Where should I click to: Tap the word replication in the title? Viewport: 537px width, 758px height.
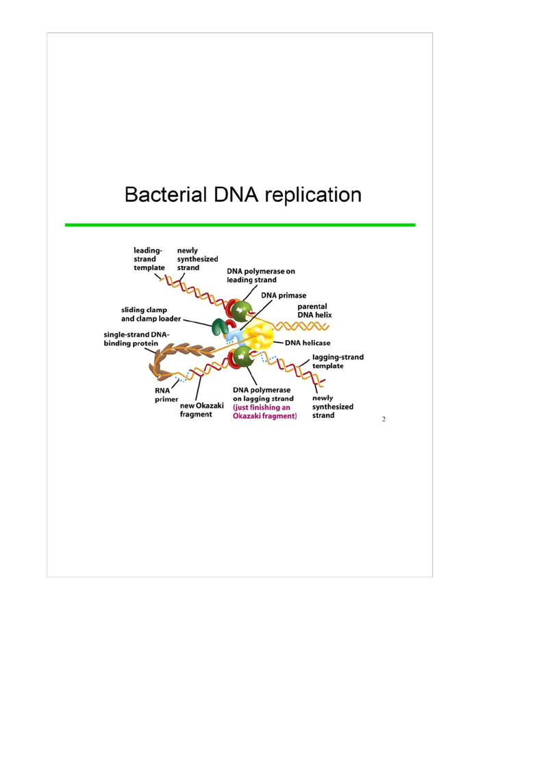(x=313, y=195)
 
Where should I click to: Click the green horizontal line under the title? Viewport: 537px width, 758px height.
(x=240, y=225)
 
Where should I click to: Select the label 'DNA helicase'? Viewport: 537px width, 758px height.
(x=308, y=343)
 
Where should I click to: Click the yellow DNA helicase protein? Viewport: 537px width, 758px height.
(x=258, y=335)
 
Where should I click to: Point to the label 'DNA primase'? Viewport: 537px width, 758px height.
(x=284, y=296)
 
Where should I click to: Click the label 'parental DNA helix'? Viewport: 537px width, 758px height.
(x=315, y=311)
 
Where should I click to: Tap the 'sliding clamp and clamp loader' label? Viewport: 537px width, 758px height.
(x=151, y=314)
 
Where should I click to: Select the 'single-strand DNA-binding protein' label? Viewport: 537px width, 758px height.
(x=136, y=339)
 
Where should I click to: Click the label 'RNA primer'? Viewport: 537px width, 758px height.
(x=166, y=395)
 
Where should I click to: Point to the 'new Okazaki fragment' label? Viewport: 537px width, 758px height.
(x=201, y=410)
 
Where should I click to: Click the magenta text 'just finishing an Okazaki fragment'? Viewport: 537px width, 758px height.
(x=264, y=411)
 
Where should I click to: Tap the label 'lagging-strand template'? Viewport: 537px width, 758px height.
(x=338, y=361)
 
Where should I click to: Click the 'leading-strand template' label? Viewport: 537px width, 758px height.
(x=149, y=259)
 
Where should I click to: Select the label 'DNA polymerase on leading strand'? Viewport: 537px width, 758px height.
(x=261, y=276)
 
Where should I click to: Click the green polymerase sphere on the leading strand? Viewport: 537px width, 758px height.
(x=241, y=311)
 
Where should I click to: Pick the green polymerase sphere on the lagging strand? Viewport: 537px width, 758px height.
(x=242, y=357)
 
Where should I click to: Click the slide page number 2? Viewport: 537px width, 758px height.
(x=384, y=419)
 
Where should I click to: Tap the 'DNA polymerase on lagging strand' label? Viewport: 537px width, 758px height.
(x=263, y=394)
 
